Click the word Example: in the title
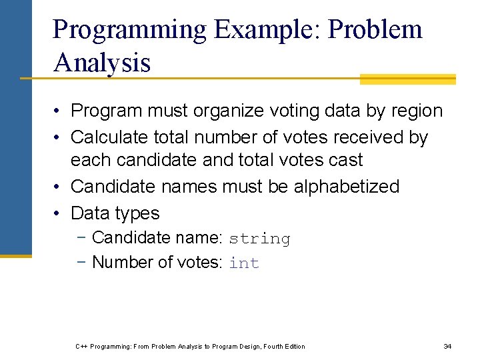268,29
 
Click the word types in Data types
138,213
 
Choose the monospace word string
259,239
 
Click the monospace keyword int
243,263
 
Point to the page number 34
447,346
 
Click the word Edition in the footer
293,346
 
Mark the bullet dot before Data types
59,213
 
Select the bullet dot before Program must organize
59,111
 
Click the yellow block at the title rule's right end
407,79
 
